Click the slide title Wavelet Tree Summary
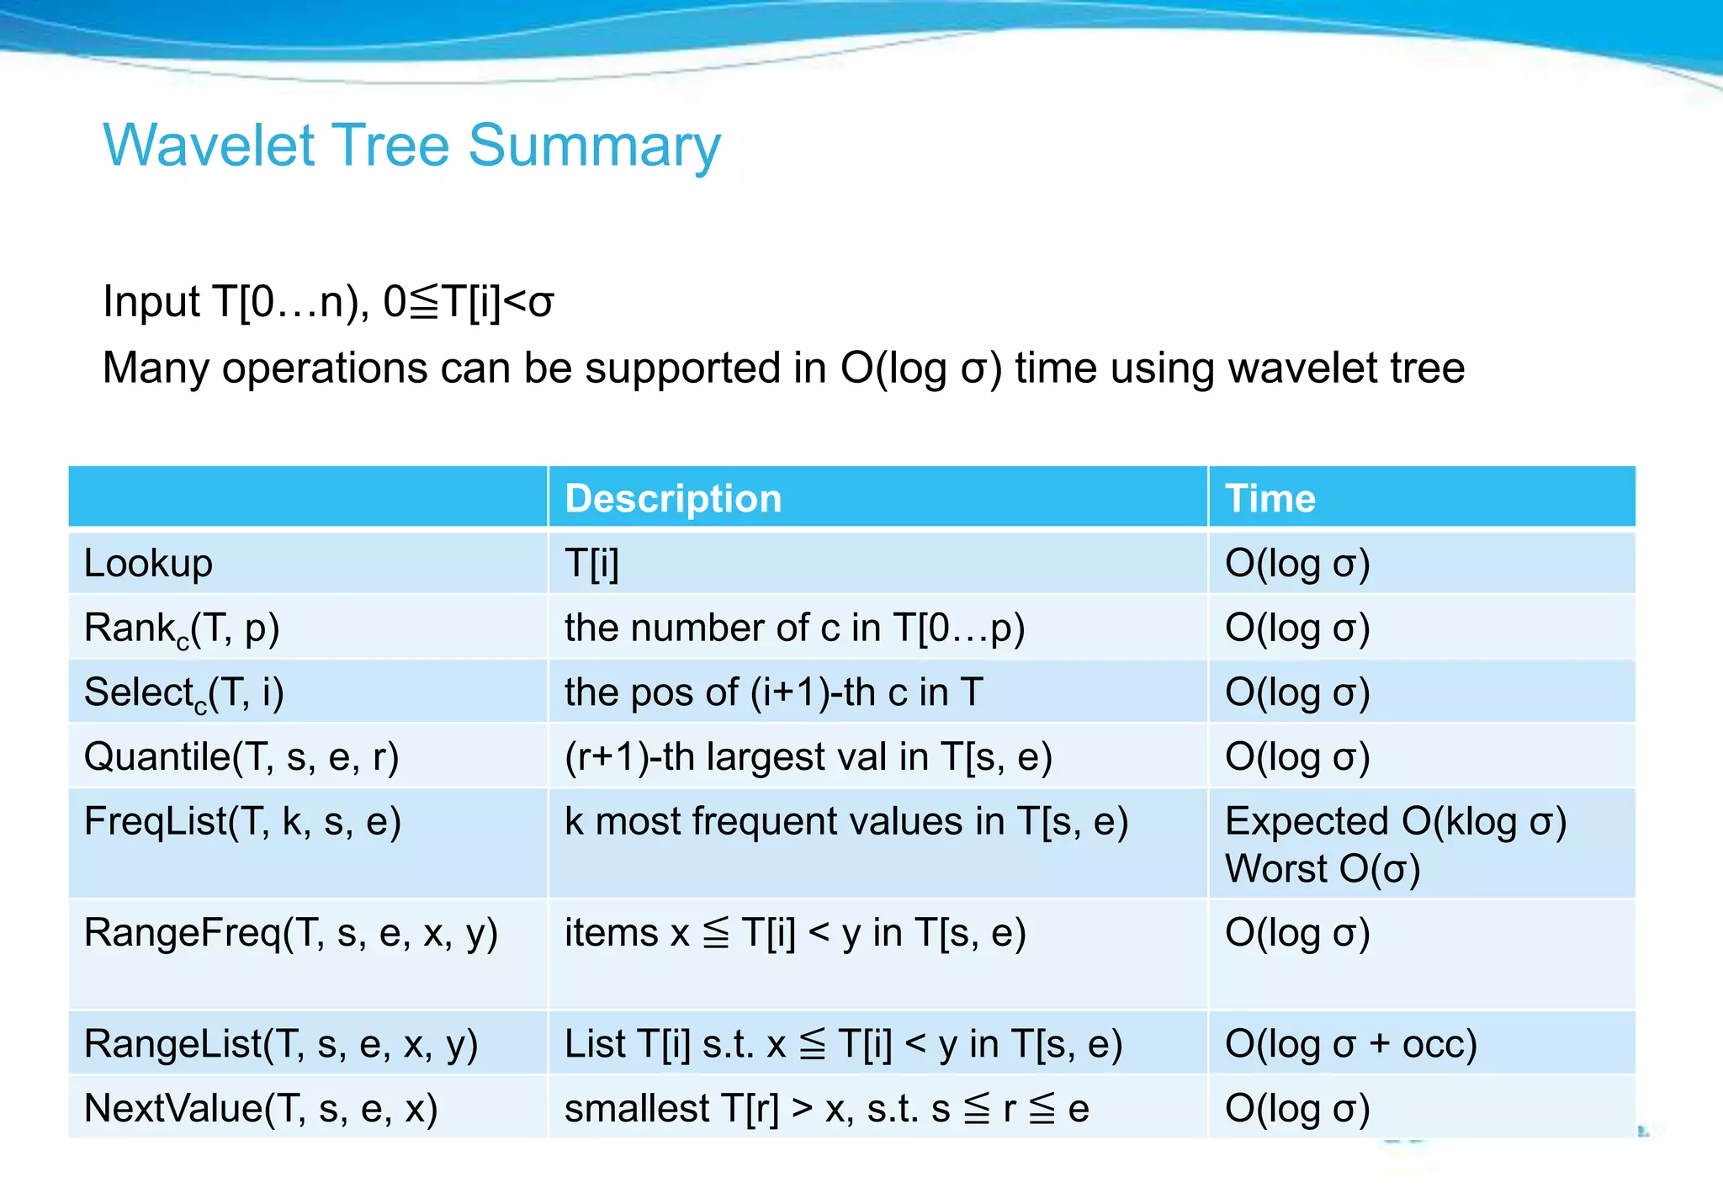(x=411, y=146)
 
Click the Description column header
(x=673, y=498)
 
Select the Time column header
(x=1270, y=498)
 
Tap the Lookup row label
(x=148, y=563)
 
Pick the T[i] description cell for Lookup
(x=591, y=563)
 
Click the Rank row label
(x=182, y=628)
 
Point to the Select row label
(x=183, y=693)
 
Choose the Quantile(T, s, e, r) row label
(x=241, y=756)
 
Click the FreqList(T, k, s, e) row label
(x=242, y=821)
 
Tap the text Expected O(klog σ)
(x=1395, y=821)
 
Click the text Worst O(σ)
(x=1322, y=869)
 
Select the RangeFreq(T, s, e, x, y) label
(x=291, y=933)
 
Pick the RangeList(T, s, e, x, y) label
(x=281, y=1044)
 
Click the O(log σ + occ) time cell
(x=1350, y=1044)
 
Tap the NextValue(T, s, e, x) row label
(x=261, y=1108)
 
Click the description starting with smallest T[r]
(x=826, y=1108)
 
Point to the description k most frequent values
(x=846, y=821)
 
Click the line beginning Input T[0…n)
(x=328, y=301)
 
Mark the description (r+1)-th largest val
(x=808, y=756)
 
